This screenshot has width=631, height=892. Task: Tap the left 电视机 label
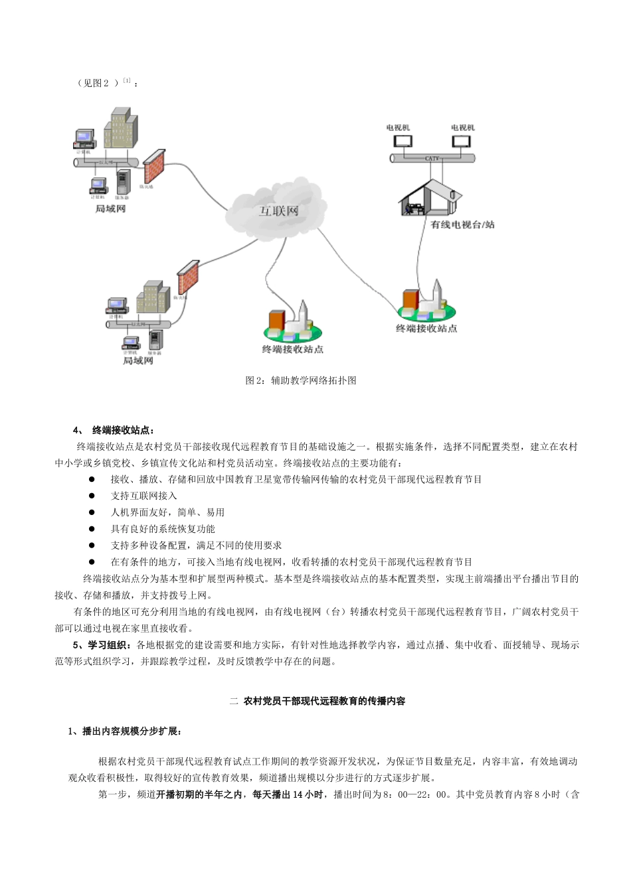click(398, 127)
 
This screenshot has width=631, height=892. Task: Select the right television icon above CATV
click(461, 141)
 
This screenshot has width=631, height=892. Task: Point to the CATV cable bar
click(432, 158)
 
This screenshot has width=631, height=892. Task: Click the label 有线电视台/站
click(462, 225)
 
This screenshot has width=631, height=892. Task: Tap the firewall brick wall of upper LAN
click(154, 167)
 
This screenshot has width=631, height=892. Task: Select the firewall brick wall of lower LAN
click(188, 277)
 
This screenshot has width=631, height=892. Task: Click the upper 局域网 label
click(110, 209)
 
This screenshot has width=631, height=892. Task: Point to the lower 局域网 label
click(138, 361)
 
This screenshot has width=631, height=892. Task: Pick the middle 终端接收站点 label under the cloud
click(292, 349)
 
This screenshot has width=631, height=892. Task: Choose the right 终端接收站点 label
click(426, 329)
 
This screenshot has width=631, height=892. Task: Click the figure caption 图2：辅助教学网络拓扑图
click(301, 380)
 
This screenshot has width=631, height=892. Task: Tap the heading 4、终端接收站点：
click(114, 430)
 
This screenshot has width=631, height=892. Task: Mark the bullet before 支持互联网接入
click(92, 496)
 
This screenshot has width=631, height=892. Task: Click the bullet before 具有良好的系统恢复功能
click(92, 529)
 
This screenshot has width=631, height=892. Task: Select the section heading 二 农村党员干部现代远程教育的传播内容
click(317, 701)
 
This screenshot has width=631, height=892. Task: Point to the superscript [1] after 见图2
click(127, 80)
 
